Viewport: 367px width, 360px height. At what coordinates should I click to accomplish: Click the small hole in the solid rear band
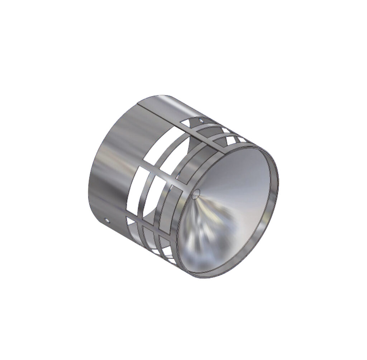point(106,218)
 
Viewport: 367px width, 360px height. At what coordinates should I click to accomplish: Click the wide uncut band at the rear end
point(108,169)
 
